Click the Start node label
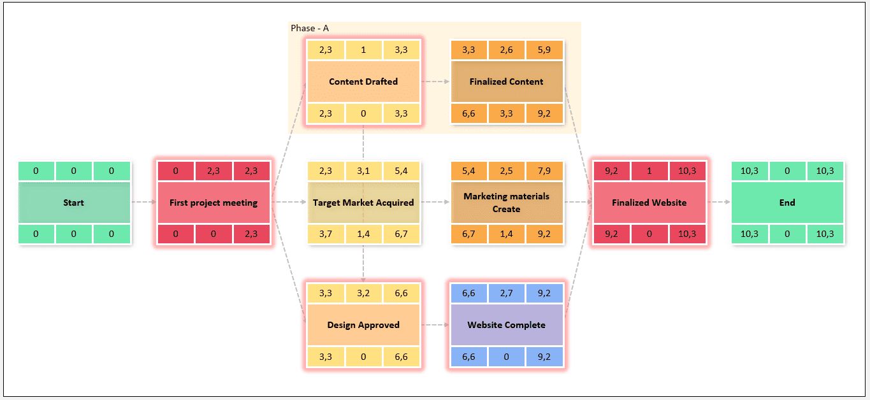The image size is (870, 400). [x=73, y=203]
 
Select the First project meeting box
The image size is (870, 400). [x=214, y=203]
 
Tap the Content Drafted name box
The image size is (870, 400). [x=363, y=82]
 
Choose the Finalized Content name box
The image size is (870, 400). [x=507, y=82]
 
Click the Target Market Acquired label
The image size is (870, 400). [x=363, y=203]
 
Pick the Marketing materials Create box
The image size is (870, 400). [x=507, y=203]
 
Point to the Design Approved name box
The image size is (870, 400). [x=363, y=325]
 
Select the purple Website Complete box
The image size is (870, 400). [x=507, y=325]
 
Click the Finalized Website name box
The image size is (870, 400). [x=649, y=203]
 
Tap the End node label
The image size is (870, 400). [x=787, y=203]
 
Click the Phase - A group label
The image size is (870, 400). [x=310, y=28]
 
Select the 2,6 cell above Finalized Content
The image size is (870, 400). [x=507, y=50]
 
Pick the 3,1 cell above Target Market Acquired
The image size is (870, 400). [x=363, y=171]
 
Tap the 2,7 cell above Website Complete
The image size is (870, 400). [x=507, y=293]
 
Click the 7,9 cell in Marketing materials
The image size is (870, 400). [x=544, y=171]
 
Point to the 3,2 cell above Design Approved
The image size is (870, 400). [x=363, y=293]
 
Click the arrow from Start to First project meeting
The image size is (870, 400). [x=144, y=202]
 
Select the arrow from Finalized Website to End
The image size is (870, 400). [x=719, y=202]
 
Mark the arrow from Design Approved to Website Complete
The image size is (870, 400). [x=435, y=325]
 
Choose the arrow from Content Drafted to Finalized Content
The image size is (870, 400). [x=435, y=82]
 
